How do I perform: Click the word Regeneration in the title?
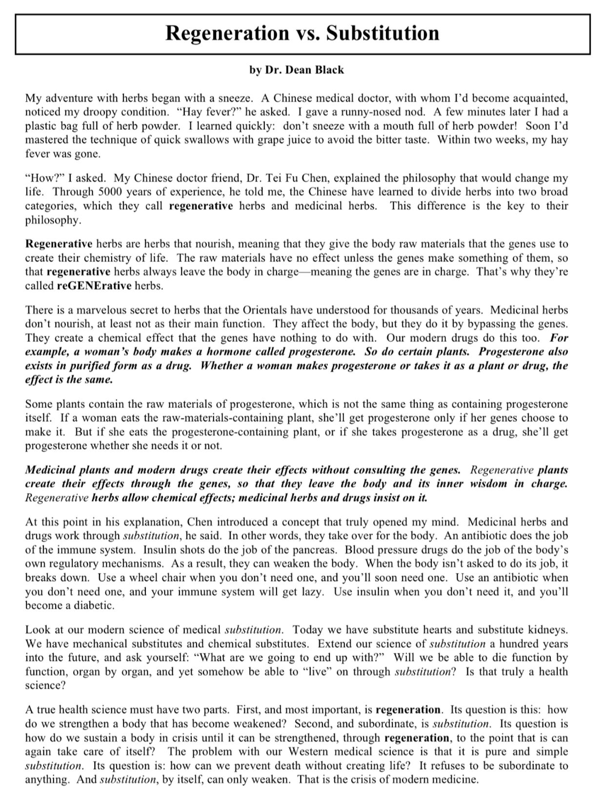coord(227,34)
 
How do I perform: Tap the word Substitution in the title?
coord(383,34)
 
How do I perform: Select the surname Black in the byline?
coord(328,70)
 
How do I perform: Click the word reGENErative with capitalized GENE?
coord(94,286)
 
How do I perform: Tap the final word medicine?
coord(455,780)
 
